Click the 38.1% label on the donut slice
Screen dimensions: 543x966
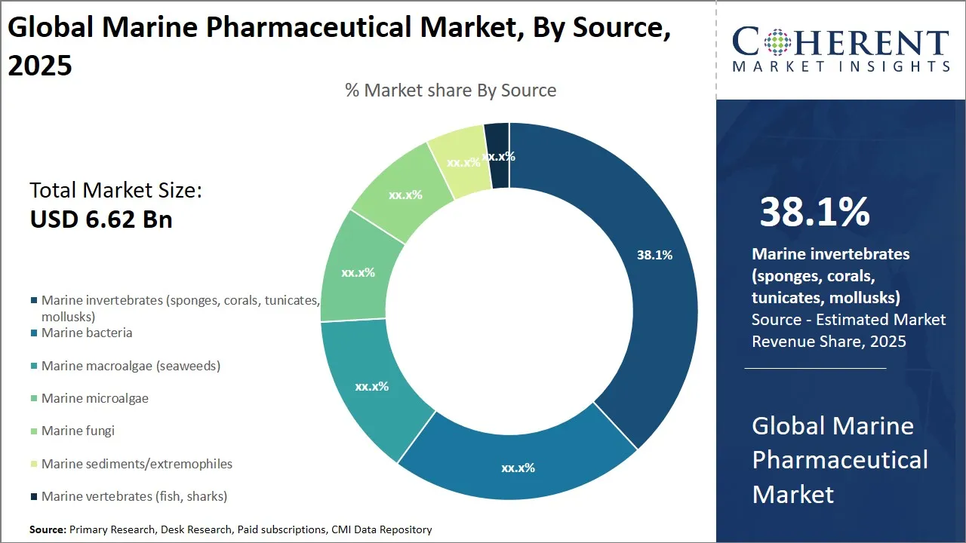[x=654, y=255]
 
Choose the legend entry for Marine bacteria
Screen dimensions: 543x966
[x=87, y=333]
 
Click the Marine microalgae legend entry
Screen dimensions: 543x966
[x=95, y=398]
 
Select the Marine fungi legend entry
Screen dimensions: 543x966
[x=78, y=431]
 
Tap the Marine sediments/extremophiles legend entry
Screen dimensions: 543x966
[x=137, y=464]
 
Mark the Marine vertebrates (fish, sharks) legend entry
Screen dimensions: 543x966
[x=134, y=496]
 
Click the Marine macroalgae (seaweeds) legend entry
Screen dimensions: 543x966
[x=131, y=366]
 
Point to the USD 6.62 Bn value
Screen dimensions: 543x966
[x=101, y=219]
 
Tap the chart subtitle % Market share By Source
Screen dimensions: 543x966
[x=451, y=90]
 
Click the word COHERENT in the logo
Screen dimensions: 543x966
[x=840, y=41]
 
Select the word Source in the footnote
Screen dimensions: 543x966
[x=48, y=530]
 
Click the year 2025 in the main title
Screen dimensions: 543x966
[x=40, y=66]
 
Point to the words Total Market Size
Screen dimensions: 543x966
[x=115, y=190]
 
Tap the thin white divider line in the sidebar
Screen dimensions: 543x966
[x=815, y=369]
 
